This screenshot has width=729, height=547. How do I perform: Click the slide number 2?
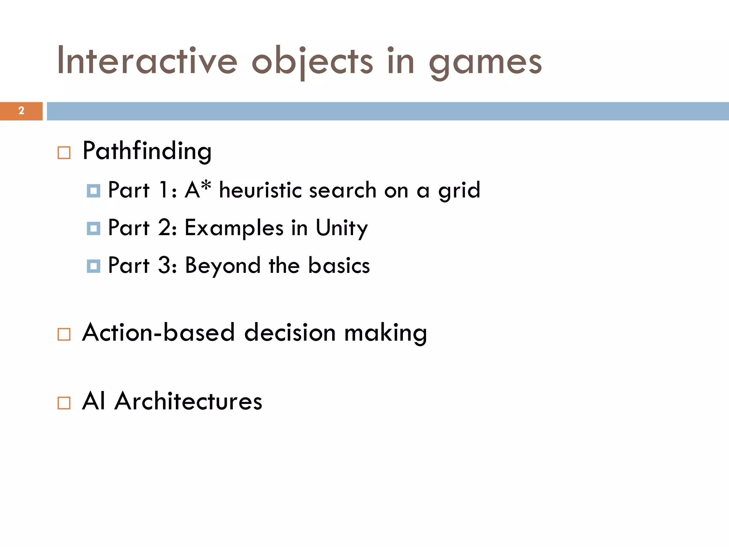tap(21, 111)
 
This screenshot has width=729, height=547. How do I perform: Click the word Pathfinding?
tap(147, 151)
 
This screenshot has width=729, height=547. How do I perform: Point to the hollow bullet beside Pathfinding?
tap(64, 153)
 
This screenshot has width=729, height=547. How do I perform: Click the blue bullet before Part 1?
tap(93, 191)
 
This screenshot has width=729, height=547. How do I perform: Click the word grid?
tap(459, 191)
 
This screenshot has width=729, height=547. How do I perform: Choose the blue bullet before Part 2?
tap(93, 228)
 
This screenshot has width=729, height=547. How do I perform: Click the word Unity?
tap(341, 228)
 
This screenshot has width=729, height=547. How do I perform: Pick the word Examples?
tap(234, 228)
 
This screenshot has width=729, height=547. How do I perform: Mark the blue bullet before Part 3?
tap(93, 266)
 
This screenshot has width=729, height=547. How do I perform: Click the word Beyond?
tap(222, 266)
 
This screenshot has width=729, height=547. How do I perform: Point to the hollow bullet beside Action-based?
tap(64, 334)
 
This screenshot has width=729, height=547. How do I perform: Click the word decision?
tap(290, 333)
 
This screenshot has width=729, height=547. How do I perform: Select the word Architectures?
tap(188, 401)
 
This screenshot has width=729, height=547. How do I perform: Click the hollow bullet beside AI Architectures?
tap(64, 403)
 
